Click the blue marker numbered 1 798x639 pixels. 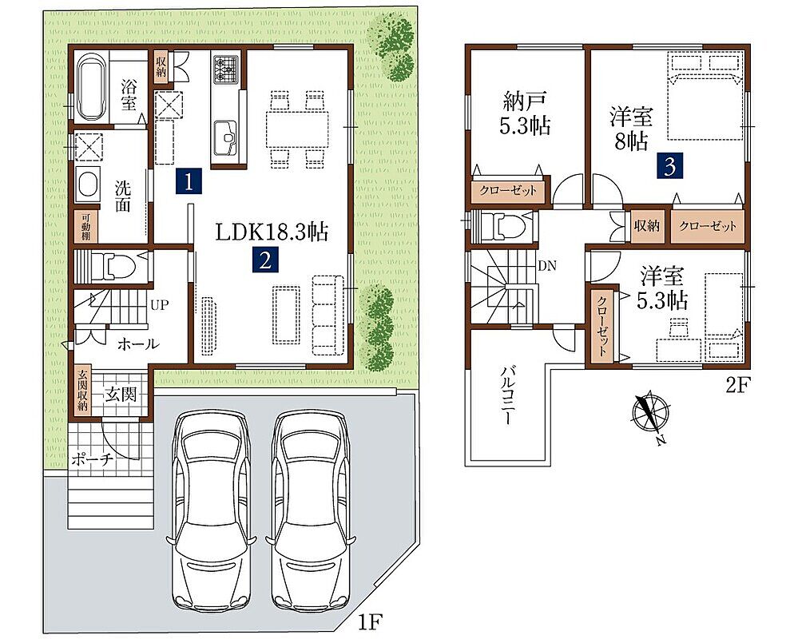point(189,181)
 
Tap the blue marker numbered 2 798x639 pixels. point(265,260)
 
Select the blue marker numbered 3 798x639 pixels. point(669,166)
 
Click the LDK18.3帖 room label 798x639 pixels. point(272,232)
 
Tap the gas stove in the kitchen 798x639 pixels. point(226,69)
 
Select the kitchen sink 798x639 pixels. point(225,137)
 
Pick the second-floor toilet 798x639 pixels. point(502,225)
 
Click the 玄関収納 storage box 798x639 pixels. point(82,391)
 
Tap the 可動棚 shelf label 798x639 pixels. point(85,226)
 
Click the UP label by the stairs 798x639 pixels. point(159,305)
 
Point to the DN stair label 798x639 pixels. point(548,265)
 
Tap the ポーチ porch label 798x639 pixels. point(92,460)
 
